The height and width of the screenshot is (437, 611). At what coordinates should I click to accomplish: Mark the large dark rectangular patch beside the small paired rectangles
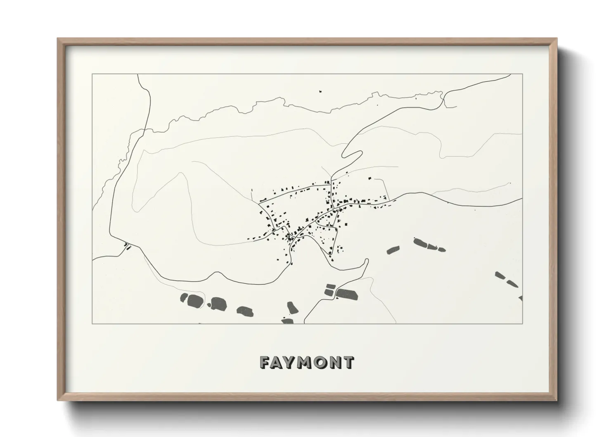[x=346, y=294]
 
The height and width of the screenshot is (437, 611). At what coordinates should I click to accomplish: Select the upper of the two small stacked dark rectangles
[x=329, y=286]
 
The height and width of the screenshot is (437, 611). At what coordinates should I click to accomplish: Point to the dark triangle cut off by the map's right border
[x=521, y=298]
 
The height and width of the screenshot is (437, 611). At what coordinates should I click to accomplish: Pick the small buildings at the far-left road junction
[x=127, y=247]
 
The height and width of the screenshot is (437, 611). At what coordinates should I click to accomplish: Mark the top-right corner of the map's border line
[x=523, y=74]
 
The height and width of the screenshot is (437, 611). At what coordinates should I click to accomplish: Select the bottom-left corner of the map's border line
[x=92, y=323]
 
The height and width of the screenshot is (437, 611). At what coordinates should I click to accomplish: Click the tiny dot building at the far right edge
[x=511, y=183]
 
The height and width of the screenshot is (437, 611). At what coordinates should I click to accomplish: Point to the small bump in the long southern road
[x=214, y=273]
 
